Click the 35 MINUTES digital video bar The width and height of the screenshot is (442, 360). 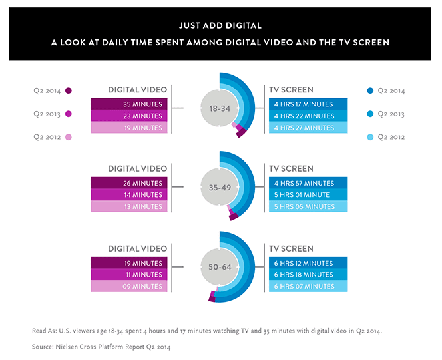[129, 104]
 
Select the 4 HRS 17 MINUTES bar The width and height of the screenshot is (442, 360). [308, 104]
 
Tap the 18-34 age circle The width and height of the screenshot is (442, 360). [220, 108]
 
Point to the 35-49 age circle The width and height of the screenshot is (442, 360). [220, 187]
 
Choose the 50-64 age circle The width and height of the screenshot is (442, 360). [220, 266]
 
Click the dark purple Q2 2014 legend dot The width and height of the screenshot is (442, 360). [68, 90]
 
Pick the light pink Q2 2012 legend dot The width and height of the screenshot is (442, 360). [68, 137]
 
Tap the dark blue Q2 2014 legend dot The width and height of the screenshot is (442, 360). [370, 90]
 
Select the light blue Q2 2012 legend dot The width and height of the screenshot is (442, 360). [370, 137]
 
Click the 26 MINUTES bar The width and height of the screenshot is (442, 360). [129, 183]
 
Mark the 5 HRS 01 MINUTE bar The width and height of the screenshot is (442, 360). [308, 195]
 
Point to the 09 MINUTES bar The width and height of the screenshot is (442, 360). [129, 286]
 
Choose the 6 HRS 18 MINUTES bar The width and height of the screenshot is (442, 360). [308, 274]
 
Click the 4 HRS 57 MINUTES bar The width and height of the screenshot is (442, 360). [308, 183]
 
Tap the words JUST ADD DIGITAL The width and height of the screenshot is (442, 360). [220, 26]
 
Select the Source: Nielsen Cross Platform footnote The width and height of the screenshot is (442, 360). [101, 347]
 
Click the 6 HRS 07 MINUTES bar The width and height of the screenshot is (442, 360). [308, 286]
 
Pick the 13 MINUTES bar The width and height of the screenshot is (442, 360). [129, 206]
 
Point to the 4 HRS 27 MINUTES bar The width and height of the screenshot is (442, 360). [308, 128]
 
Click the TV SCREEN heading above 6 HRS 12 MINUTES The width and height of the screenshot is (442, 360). [291, 248]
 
